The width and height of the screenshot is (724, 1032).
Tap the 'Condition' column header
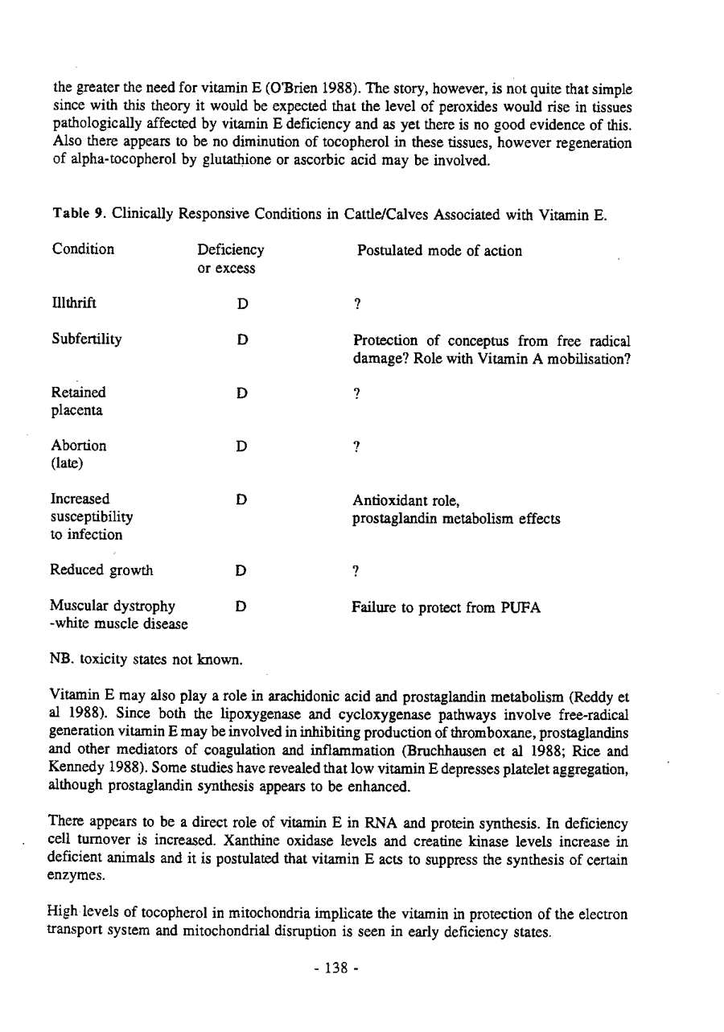(82, 250)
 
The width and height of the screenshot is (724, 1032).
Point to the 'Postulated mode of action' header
(439, 251)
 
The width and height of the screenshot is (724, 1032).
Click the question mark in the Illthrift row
(356, 304)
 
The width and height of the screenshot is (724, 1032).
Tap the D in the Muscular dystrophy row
(240, 608)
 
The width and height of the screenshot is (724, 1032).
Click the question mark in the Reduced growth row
(356, 572)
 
